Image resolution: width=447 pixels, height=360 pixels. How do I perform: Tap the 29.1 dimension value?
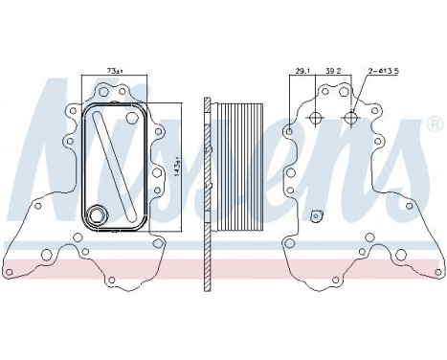pyautogui.click(x=302, y=71)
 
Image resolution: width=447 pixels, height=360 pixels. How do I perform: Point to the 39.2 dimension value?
pyautogui.click(x=333, y=71)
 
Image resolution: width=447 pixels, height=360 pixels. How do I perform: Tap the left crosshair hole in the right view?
pyautogui.click(x=316, y=119)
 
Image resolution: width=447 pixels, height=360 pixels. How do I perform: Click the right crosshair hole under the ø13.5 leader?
pyautogui.click(x=351, y=119)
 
